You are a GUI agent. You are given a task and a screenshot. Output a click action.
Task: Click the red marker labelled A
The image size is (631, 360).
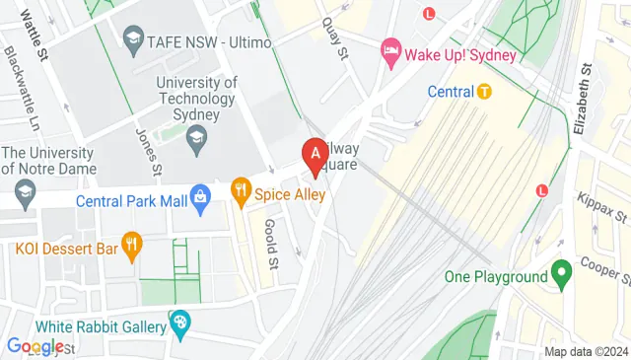coord(315,154)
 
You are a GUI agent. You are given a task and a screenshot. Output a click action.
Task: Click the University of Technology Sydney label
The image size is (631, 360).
coord(197,98)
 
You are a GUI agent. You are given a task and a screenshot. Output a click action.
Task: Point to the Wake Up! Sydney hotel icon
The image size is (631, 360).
coord(391,51)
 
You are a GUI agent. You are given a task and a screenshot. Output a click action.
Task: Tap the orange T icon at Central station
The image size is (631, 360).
coord(484,92)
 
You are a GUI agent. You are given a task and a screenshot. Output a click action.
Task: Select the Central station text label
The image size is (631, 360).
coord(451,92)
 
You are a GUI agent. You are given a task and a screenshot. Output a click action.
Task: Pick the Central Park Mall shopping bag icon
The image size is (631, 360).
coord(201,198)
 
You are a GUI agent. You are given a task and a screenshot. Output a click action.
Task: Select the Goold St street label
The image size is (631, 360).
coord(269,242)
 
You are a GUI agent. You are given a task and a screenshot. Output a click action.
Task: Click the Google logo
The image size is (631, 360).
coord(35,346)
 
